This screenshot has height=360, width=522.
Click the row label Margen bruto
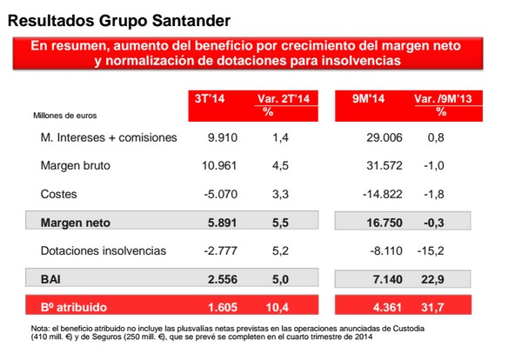coord(76,165)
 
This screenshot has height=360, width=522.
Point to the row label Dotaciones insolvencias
coord(104,250)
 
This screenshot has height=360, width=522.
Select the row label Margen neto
coord(76,222)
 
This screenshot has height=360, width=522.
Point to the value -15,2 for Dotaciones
coord(438,250)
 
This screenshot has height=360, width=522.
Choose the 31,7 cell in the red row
coord(439,307)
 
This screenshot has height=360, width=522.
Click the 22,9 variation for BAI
coord(439,278)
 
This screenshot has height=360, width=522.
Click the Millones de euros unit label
coord(65,115)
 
